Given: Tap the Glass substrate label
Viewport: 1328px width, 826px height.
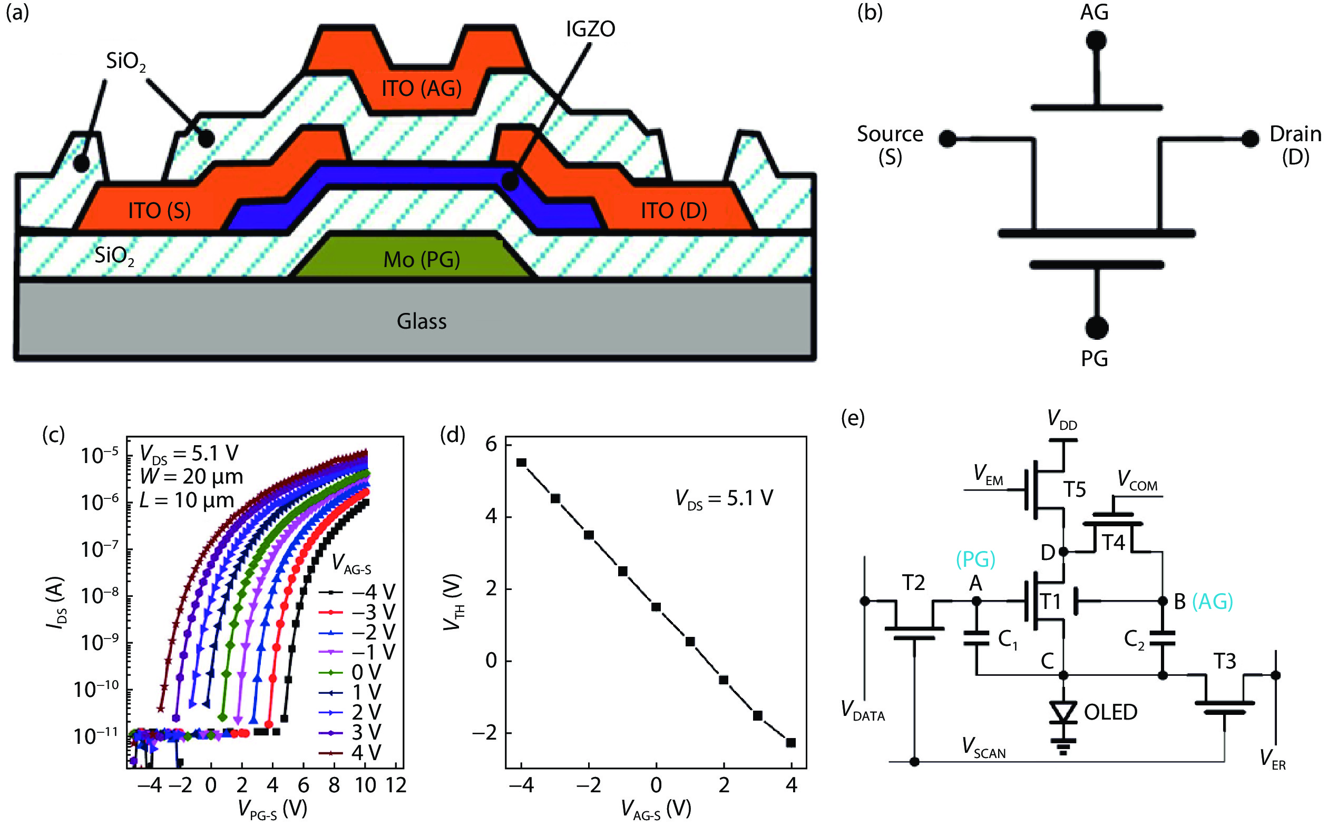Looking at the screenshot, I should (x=422, y=321).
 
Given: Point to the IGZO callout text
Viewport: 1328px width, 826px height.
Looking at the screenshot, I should (x=590, y=29).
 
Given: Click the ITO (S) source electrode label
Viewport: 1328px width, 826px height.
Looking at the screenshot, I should (x=159, y=210).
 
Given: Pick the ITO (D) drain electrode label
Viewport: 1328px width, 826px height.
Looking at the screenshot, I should (x=673, y=210).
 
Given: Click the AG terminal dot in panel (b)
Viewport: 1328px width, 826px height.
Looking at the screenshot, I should (x=1096, y=41).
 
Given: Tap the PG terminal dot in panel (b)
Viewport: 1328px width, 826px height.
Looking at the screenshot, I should (x=1096, y=328).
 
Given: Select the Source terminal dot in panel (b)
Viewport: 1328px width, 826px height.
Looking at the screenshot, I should (x=947, y=139).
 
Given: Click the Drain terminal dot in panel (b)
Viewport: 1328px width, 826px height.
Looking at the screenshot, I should (x=1250, y=139).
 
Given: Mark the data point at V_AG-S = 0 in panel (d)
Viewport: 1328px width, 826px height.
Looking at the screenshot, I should (x=656, y=607).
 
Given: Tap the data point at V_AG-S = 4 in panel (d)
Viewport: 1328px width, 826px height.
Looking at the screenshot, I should (x=790, y=742).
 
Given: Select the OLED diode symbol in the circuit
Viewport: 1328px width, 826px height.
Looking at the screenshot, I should (x=1063, y=712).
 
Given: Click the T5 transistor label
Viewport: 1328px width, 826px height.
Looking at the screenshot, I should (x=1074, y=489).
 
